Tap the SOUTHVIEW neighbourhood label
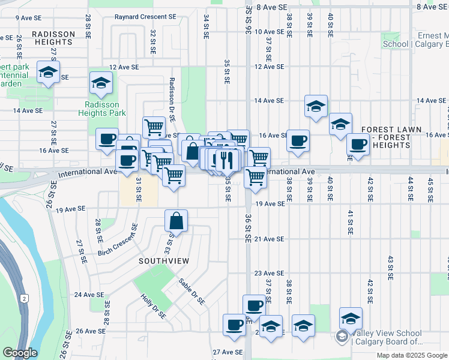tap(164, 261)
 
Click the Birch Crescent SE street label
tap(118, 240)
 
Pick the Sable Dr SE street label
tap(191, 290)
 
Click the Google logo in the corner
tap(20, 353)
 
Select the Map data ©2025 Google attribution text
tap(412, 355)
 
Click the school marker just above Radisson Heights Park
tap(101, 83)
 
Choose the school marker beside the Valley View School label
tap(351, 318)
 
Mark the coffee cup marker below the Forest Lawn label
tap(358, 145)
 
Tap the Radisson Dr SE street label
tap(172, 99)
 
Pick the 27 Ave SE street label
tap(228, 352)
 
